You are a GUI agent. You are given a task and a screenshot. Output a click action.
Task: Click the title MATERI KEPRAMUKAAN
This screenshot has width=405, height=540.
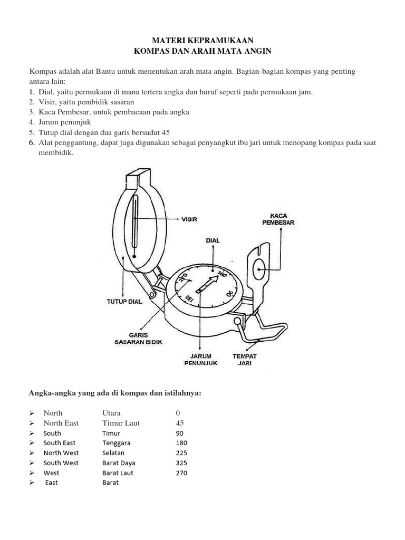pos(202,40)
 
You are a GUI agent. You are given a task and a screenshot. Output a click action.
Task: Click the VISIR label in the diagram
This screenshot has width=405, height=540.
pos(189,219)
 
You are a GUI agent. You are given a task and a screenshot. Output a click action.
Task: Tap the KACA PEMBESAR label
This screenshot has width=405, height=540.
pos(278,219)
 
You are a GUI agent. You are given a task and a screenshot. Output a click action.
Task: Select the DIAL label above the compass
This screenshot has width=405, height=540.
pos(213,240)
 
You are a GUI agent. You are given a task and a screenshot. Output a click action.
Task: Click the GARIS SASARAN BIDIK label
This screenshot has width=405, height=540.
pos(138,339)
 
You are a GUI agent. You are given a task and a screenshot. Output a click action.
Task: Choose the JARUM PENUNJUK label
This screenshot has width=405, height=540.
pos(198,360)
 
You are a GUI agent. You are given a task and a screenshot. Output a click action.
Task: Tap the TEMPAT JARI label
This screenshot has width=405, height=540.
pos(245,360)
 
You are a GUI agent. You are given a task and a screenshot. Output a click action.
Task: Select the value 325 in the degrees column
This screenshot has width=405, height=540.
pos(181,462)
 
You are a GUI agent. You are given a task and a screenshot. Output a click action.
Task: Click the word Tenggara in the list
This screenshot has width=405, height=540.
pos(117,442)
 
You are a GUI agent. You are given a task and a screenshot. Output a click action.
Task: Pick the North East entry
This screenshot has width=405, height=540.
pos(61,423)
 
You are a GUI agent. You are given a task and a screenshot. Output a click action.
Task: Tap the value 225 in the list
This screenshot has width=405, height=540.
pos(181,452)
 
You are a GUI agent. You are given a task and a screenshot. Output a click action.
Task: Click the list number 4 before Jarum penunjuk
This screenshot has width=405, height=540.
pos(32,122)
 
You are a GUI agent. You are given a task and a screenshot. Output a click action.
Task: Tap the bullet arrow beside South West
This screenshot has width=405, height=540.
pos(32,462)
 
